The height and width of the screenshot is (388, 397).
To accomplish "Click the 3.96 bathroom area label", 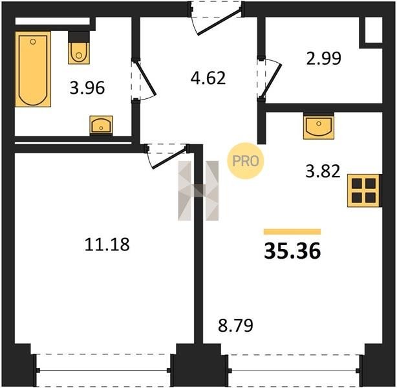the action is [87, 88].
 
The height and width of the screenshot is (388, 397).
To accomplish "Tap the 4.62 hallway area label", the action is [208, 78].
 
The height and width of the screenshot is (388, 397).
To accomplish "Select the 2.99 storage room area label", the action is [324, 58].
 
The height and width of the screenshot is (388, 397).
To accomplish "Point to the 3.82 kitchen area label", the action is [323, 171].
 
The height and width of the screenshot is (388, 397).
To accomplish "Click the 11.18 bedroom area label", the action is [107, 244].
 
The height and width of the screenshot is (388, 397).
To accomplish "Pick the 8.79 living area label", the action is [235, 325].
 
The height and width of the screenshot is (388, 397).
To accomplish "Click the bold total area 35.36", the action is [292, 251].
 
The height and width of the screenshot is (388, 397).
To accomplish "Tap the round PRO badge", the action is [245, 161].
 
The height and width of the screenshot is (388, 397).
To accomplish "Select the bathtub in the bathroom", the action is [33, 69].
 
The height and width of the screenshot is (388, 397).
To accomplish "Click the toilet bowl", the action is [79, 53].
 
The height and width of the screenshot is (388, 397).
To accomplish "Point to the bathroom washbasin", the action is [101, 125].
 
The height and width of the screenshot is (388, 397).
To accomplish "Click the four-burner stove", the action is [363, 191].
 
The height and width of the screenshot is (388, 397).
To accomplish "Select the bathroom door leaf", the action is [145, 78].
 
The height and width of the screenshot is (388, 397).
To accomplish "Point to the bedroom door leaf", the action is [169, 158].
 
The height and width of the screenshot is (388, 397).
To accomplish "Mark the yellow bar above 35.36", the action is [292, 232].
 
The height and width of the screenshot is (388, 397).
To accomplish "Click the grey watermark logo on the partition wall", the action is [198, 191].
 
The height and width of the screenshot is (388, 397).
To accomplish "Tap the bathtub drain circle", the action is [33, 42].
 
